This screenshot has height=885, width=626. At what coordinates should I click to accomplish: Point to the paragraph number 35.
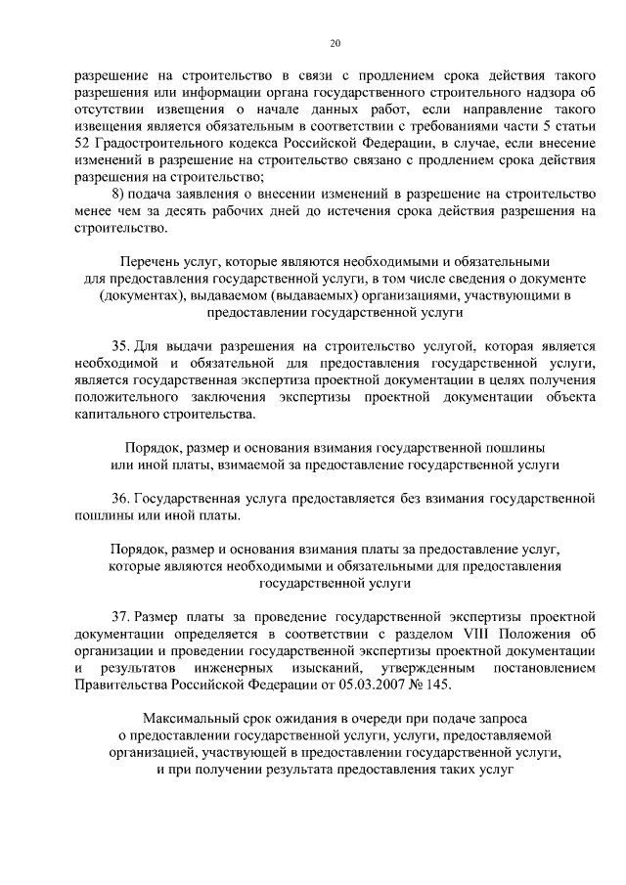point(120,345)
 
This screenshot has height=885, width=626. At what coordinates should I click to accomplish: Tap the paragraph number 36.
point(120,498)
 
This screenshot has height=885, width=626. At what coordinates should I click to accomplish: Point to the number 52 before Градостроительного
point(84,144)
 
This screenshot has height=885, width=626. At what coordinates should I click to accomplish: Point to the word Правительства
point(122,684)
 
